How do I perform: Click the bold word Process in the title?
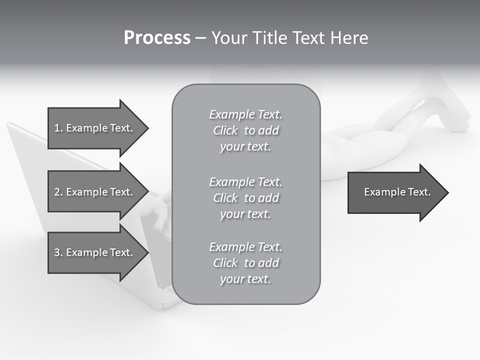(157, 38)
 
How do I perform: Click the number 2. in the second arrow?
(58, 192)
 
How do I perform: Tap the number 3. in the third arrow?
(58, 252)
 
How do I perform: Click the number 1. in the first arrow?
(58, 128)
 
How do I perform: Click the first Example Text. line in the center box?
(245, 114)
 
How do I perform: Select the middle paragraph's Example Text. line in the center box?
(245, 181)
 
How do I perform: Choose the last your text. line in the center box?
(245, 279)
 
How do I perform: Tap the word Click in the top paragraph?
(225, 130)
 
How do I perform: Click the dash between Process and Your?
(200, 38)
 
